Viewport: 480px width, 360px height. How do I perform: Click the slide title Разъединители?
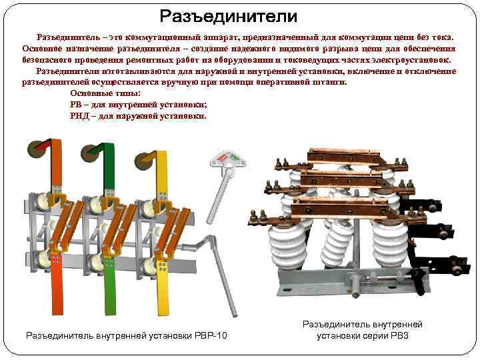click(x=228, y=15)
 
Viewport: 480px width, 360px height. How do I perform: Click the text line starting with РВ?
click(x=138, y=105)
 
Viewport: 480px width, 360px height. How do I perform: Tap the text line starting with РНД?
click(x=137, y=115)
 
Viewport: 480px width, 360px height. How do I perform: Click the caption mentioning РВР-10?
click(x=126, y=335)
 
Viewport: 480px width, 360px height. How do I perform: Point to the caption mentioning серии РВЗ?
click(x=362, y=329)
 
